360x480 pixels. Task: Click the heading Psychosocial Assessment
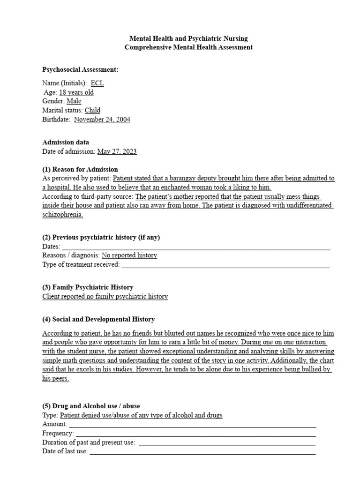tap(80, 70)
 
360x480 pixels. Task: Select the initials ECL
tap(97, 83)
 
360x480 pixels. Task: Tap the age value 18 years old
tap(76, 92)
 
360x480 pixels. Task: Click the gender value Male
tap(74, 101)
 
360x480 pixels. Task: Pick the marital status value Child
tap(92, 111)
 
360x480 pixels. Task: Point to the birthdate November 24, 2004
tap(102, 120)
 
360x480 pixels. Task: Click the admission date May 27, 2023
tap(117, 151)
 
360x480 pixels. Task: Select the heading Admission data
tap(66, 142)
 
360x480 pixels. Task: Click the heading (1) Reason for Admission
tap(80, 169)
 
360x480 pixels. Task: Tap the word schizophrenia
tap(62, 214)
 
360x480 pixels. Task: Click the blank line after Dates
tap(196, 247)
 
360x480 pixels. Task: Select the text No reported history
tap(129, 255)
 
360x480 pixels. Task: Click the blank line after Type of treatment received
tap(225, 265)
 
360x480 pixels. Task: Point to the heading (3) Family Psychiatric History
tap(88, 287)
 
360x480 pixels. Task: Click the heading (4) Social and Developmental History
tap(98, 319)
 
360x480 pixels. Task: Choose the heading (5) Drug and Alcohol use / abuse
tap(91, 406)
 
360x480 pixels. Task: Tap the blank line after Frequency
tap(195, 434)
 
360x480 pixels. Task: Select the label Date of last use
tap(65, 451)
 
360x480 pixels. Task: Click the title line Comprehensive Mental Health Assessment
tap(188, 47)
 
